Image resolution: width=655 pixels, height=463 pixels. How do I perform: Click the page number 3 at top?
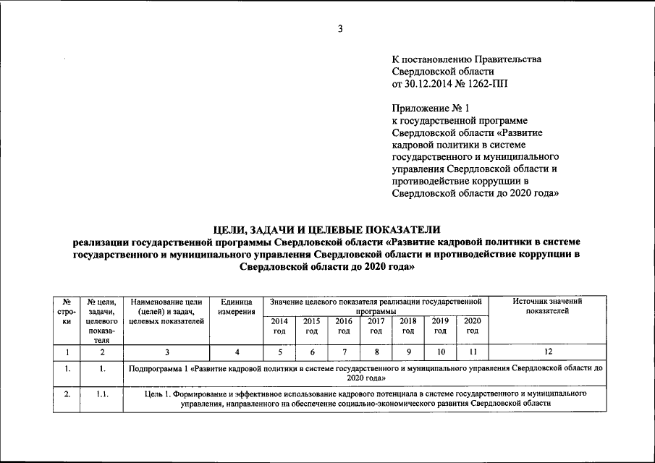pos(339,29)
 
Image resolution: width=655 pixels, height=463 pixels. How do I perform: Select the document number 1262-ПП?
pos(493,84)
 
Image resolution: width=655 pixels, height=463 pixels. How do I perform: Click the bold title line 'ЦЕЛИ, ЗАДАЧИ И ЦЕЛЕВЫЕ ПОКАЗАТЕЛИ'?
pos(326,229)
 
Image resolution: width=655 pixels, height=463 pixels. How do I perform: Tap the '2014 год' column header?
pos(279,326)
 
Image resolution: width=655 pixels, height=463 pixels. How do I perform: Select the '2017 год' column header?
pos(376,326)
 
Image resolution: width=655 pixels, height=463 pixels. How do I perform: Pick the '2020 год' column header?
pos(473,326)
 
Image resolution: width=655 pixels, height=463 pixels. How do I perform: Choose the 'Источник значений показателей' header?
pos(547,306)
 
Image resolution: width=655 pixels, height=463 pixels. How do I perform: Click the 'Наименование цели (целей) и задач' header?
pos(166,311)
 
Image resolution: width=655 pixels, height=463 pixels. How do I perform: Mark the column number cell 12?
pos(547,352)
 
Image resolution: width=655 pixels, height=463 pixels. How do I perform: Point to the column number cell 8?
pos(376,352)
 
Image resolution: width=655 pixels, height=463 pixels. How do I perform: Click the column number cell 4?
pos(236,352)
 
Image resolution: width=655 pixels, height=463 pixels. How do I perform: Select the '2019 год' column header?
pos(440,326)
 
